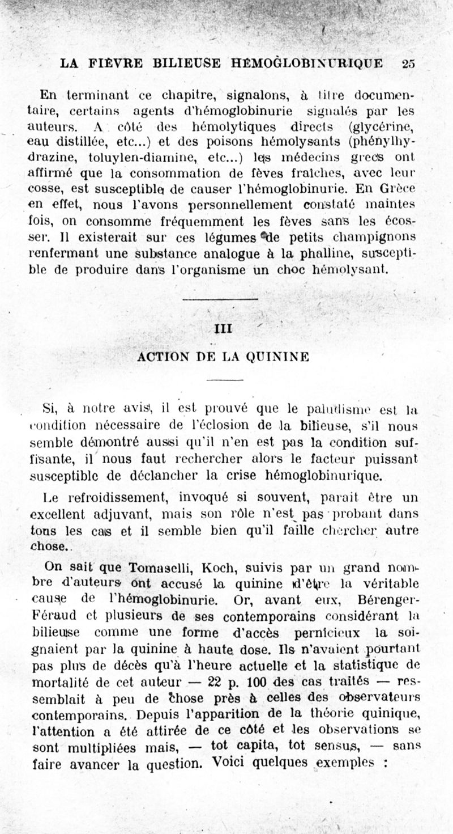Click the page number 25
[x=408, y=63]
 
